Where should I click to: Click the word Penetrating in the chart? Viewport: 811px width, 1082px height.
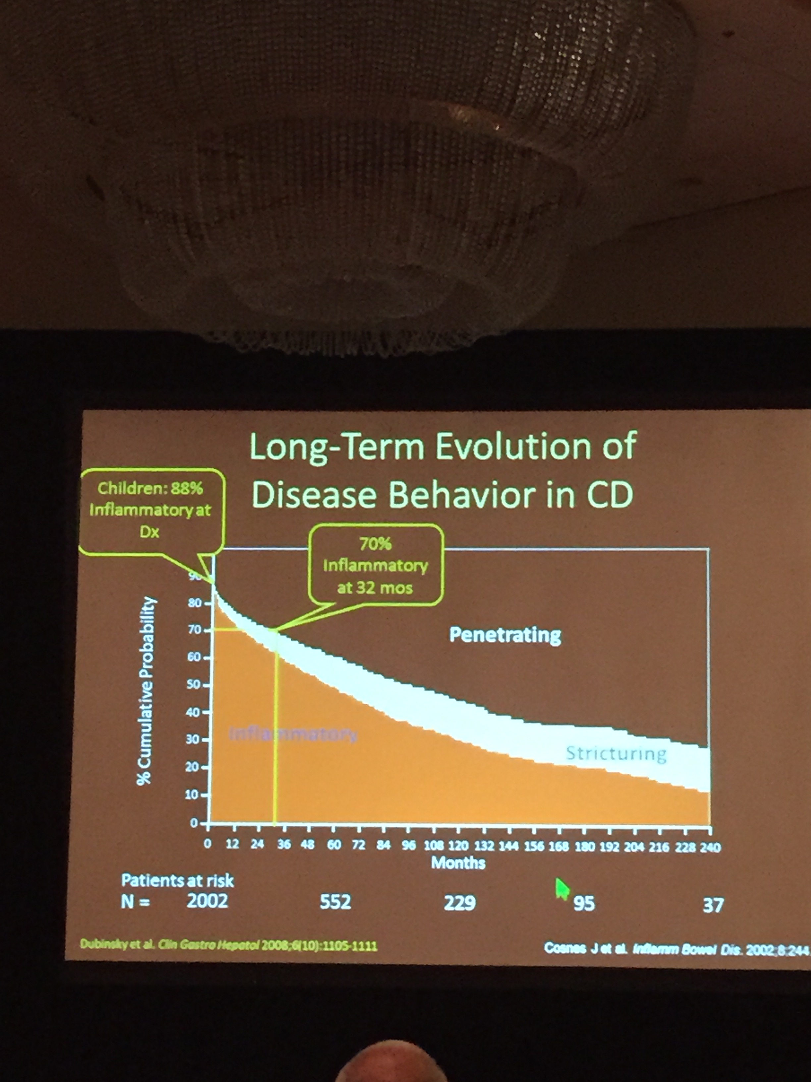pyautogui.click(x=505, y=635)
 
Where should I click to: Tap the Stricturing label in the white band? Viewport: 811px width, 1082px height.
pyautogui.click(x=616, y=753)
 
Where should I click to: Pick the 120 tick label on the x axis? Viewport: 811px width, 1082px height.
pyautogui.click(x=458, y=846)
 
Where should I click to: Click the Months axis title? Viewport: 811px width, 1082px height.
pyautogui.click(x=458, y=863)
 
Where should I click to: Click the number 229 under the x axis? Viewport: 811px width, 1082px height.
pyautogui.click(x=460, y=902)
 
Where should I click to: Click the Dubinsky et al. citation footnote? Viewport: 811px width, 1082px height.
pyautogui.click(x=228, y=945)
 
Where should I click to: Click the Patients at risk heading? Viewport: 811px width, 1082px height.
pyautogui.click(x=178, y=880)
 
